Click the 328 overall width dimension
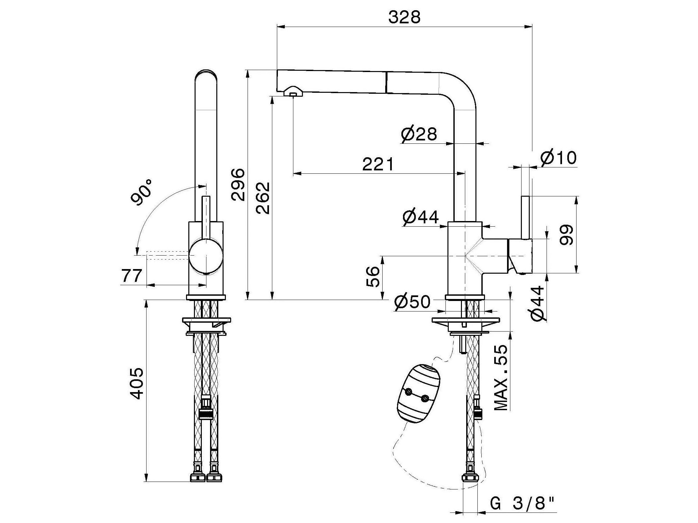click(404, 17)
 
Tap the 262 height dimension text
click(263, 198)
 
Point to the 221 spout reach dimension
click(378, 164)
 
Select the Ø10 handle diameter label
click(558, 158)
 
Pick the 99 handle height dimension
click(566, 235)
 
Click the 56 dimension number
click(373, 277)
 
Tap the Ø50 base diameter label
click(412, 302)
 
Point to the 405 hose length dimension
click(136, 384)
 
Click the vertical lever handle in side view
click(525, 217)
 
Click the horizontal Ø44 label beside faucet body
click(420, 217)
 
